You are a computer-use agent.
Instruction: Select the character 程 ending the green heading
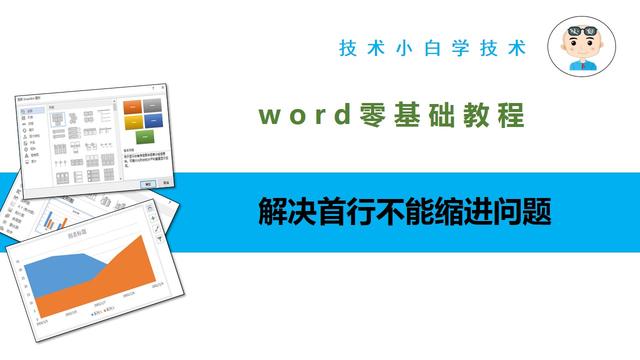tap(511, 116)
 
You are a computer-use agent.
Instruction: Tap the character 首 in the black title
tap(324, 212)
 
